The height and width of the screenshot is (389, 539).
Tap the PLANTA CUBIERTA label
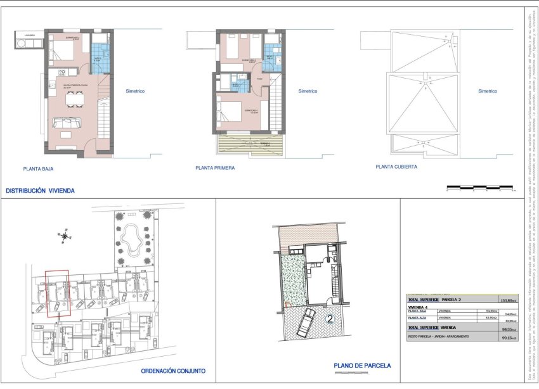pyautogui.click(x=396, y=167)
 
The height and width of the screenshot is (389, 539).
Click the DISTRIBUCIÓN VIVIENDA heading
pyautogui.click(x=40, y=190)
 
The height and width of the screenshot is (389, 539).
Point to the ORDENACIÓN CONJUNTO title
pyautogui.click(x=173, y=372)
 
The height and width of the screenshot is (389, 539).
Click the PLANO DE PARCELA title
pyautogui.click(x=362, y=366)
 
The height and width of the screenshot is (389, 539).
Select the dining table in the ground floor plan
pyautogui.click(x=74, y=99)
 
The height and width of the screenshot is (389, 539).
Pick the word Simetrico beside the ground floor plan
pyautogui.click(x=135, y=91)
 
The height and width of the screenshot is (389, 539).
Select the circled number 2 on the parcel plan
pyautogui.click(x=330, y=319)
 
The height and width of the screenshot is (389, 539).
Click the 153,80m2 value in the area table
pyautogui.click(x=508, y=300)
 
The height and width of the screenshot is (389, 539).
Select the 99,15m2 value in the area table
pyautogui.click(x=509, y=337)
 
